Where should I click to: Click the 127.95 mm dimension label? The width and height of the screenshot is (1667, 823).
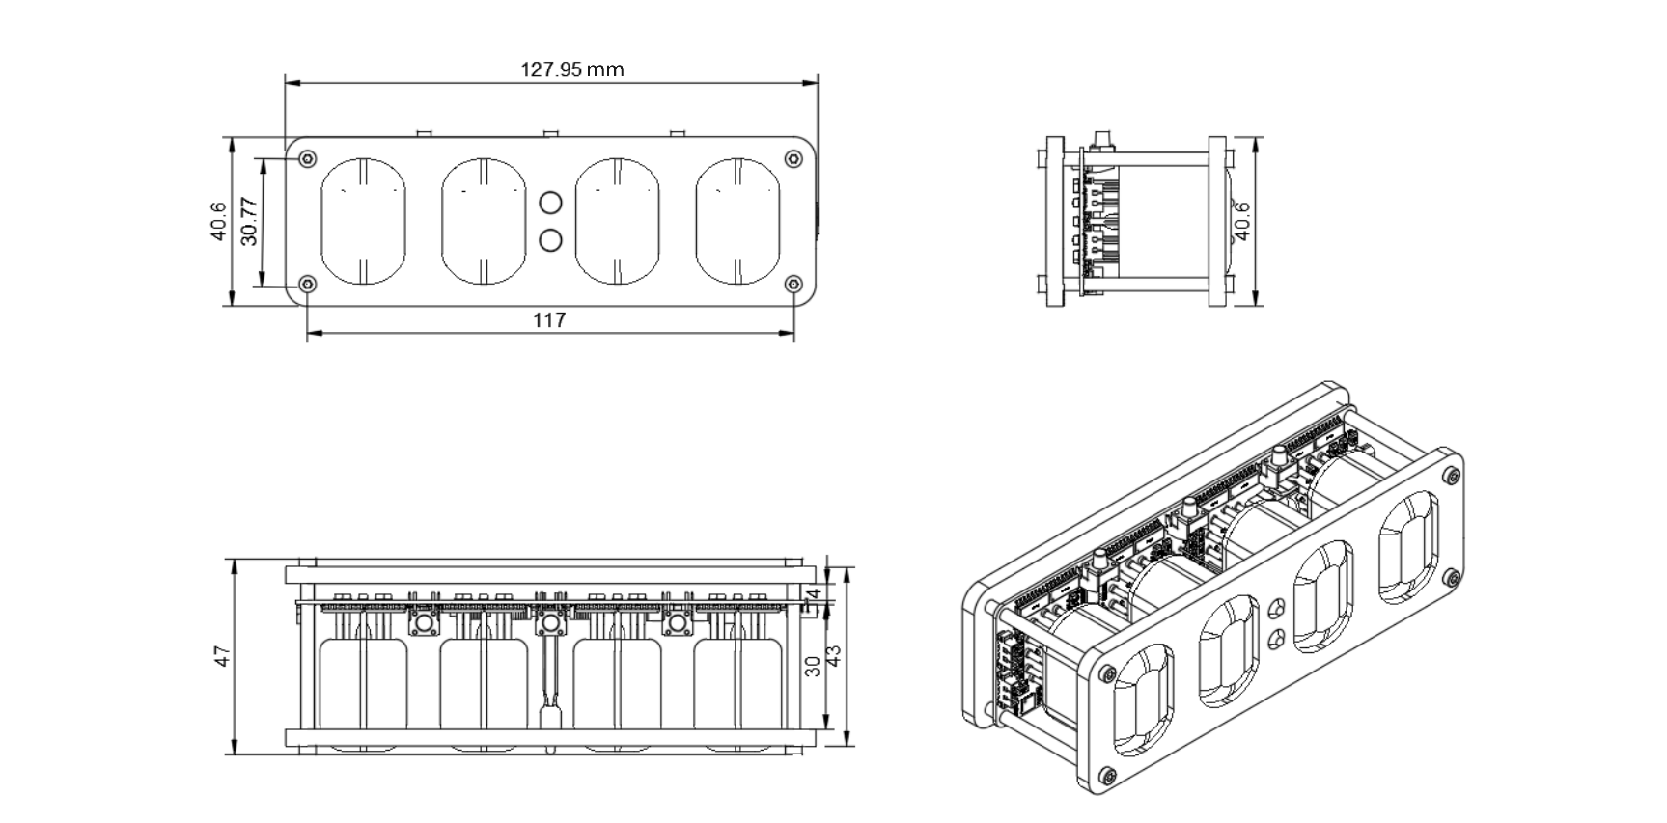click(572, 69)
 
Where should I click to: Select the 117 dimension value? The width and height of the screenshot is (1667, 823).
click(549, 320)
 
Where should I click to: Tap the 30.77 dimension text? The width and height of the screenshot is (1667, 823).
click(249, 220)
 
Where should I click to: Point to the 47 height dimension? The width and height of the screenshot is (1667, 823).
click(223, 656)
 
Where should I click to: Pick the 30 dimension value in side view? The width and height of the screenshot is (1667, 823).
click(813, 666)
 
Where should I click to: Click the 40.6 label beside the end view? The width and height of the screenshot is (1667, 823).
click(1242, 220)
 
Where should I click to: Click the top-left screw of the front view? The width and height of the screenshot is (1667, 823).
click(308, 158)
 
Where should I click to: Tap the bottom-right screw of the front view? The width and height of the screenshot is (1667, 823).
click(793, 284)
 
